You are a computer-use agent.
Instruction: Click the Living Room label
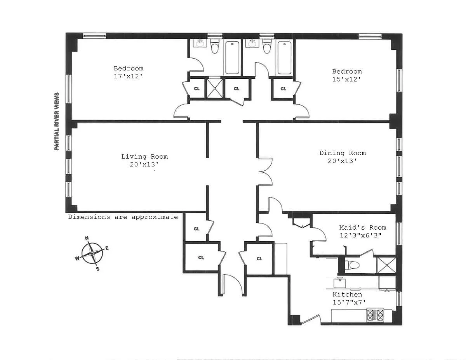(144, 156)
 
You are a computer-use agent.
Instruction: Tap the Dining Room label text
(343, 153)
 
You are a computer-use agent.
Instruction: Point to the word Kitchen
(347, 295)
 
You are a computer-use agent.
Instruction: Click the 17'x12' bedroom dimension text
(128, 77)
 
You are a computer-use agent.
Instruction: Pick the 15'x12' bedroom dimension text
(346, 79)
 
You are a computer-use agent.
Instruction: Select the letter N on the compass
(87, 239)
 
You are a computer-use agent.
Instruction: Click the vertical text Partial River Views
(57, 121)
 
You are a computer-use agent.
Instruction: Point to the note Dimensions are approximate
(123, 217)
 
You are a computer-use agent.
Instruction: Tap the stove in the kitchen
(375, 315)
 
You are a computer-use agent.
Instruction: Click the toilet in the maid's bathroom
(354, 265)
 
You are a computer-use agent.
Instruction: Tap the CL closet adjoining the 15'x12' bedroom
(283, 89)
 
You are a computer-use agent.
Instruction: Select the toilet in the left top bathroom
(214, 47)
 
